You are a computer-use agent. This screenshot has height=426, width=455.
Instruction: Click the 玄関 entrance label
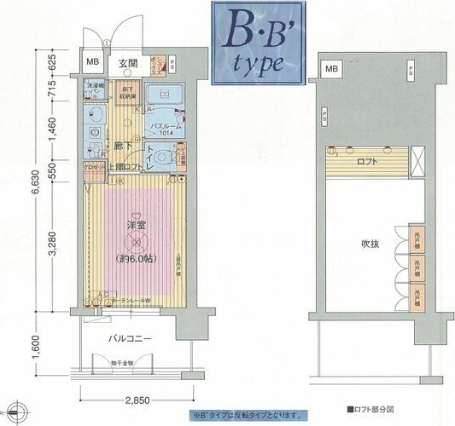pos(128,63)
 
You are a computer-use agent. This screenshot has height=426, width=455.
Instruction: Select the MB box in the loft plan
pos(330,67)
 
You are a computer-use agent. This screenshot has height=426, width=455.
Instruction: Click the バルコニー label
pos(130,338)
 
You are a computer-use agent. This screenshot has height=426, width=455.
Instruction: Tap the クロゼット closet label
pos(94,168)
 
